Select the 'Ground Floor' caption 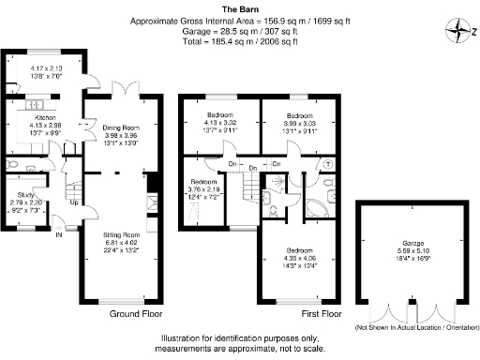(138, 313)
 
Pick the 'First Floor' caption (322, 313)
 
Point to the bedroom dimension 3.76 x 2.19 (207, 190)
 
